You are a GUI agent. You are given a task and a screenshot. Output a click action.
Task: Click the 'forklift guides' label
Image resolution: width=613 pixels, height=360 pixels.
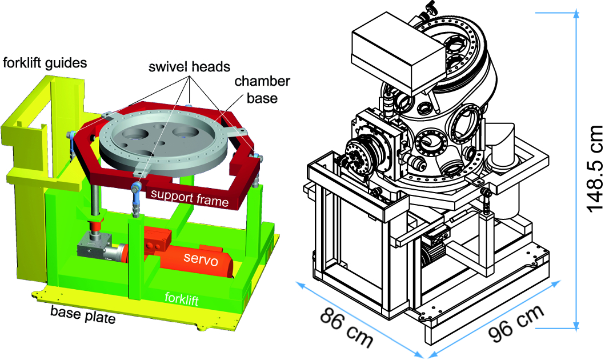click(45, 62)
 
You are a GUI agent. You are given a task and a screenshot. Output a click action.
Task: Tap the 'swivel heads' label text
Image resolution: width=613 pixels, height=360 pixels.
click(189, 67)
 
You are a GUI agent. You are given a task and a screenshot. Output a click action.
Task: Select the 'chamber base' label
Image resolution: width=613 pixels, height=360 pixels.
click(262, 89)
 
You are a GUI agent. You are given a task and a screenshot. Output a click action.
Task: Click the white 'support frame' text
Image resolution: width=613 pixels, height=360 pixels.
click(190, 198)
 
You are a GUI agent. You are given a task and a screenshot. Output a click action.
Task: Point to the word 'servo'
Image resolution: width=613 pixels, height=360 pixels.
click(201, 258)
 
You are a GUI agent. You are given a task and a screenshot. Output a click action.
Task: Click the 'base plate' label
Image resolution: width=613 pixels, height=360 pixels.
click(83, 315)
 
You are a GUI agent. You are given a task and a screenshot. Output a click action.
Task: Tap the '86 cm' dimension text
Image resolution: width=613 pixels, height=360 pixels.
click(346, 327)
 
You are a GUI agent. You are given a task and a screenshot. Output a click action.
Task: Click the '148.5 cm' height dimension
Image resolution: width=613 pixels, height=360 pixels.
click(595, 169)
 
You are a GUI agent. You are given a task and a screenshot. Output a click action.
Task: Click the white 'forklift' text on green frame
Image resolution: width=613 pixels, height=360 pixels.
click(182, 299)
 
